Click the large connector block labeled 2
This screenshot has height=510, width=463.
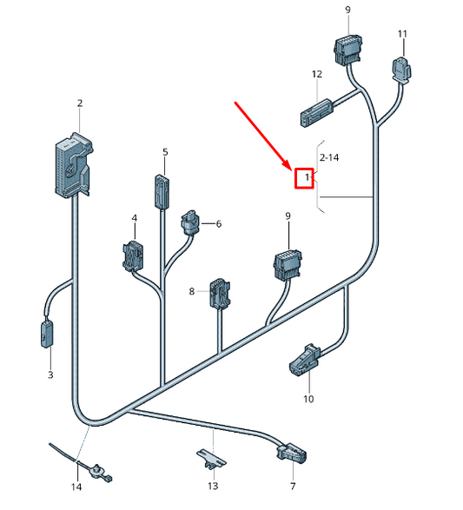[74, 165]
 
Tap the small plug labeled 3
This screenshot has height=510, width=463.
[47, 334]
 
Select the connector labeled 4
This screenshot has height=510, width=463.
[133, 256]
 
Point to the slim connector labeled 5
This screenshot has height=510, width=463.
[162, 192]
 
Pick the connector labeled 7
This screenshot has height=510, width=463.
[292, 453]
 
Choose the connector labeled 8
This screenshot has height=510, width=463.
[220, 293]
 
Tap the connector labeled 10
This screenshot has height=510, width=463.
[305, 361]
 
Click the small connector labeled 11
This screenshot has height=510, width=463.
[402, 69]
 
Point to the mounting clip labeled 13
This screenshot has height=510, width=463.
[211, 458]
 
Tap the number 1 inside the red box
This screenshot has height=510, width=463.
[307, 177]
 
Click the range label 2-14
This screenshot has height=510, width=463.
[329, 158]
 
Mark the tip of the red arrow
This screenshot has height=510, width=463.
[292, 169]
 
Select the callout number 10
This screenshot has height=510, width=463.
[308, 399]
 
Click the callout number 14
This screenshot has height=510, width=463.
[76, 487]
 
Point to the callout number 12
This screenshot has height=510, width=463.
[317, 74]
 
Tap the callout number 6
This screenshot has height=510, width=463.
[219, 224]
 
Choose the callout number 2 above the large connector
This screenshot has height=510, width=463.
[80, 103]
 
